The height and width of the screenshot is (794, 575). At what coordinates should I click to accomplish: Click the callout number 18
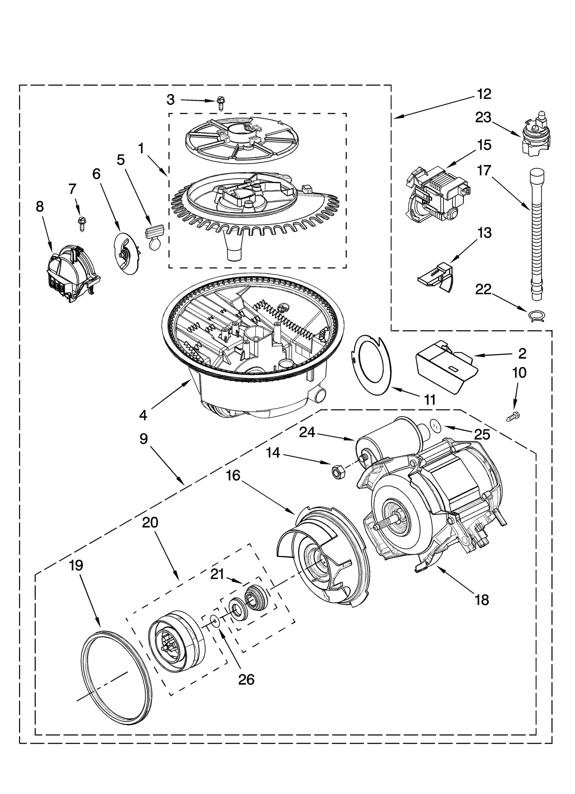(x=482, y=600)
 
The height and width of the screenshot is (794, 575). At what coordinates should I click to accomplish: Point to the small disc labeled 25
(x=436, y=426)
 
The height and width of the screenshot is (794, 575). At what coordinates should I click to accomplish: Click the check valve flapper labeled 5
(x=154, y=238)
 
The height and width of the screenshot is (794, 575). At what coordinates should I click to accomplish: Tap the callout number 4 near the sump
(x=143, y=415)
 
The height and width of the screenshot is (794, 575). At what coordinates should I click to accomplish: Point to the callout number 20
(x=150, y=522)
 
